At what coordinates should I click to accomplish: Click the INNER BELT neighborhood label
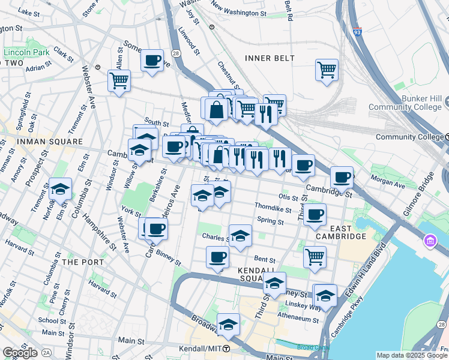point(270,58)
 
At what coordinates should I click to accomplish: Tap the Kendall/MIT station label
point(200,349)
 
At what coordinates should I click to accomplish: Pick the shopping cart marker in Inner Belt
point(327,69)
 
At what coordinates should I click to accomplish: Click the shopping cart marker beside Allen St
point(119,80)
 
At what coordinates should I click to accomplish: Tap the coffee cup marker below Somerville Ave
point(152,60)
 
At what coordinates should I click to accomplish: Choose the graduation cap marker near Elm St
point(60,189)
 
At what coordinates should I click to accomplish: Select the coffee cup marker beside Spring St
point(314,214)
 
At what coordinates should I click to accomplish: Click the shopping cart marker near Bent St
point(315,257)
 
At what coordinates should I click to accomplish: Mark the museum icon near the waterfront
point(430,241)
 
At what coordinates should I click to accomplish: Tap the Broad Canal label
point(311,347)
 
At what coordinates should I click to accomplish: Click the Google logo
point(20,353)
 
